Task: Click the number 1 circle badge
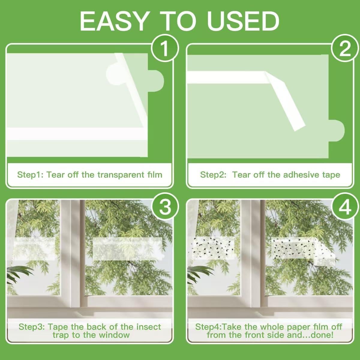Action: click(165, 48)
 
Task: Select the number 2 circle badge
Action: click(345, 48)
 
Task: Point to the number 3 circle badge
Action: click(165, 207)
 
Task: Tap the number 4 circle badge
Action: click(345, 207)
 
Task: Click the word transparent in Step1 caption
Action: click(121, 175)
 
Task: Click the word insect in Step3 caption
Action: click(148, 327)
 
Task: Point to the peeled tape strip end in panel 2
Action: click(299, 127)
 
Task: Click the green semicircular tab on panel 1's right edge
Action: click(156, 81)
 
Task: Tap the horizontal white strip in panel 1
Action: click(76, 134)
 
